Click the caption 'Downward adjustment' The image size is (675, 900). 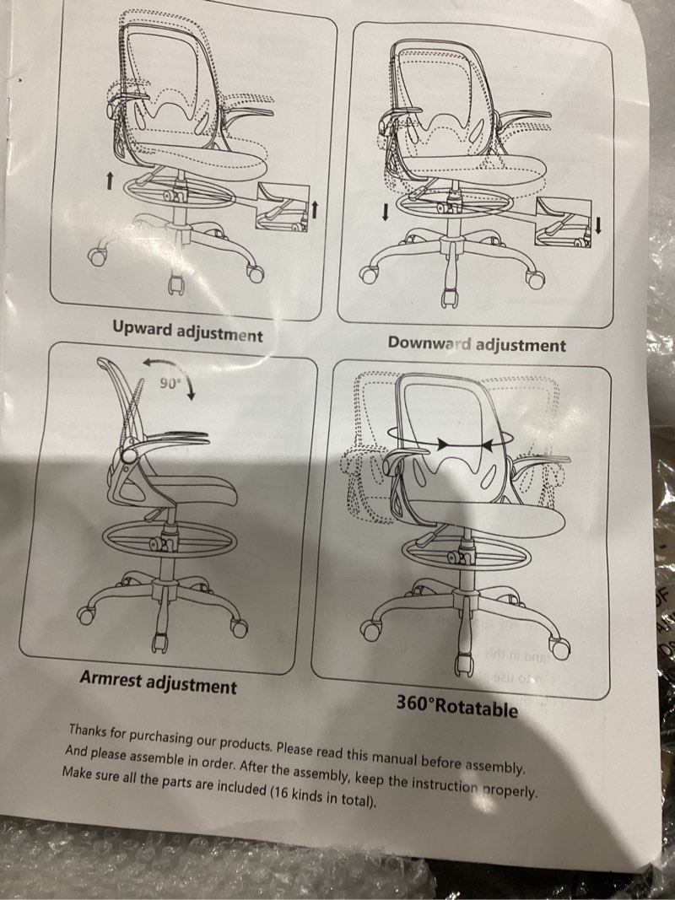[x=477, y=344]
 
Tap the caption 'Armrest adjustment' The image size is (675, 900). [x=158, y=682]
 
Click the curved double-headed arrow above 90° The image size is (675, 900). [x=168, y=369]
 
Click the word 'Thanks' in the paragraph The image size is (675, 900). [x=90, y=730]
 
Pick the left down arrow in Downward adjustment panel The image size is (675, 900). [x=386, y=212]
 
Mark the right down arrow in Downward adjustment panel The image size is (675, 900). [x=599, y=224]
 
